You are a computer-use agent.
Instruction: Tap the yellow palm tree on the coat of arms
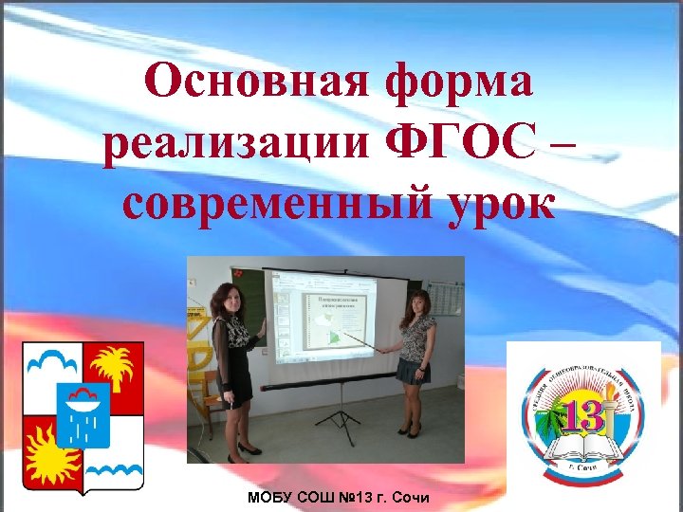114,373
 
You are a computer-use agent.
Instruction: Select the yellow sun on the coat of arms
51,449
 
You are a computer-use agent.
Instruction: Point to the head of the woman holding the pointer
417,303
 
